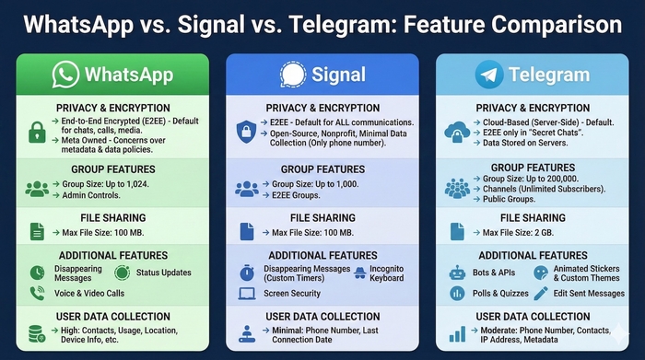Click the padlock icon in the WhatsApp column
click(x=37, y=130)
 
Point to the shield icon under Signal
click(x=246, y=130)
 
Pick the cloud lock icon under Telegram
click(x=457, y=130)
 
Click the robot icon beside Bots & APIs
click(x=456, y=273)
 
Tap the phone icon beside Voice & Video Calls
click(x=37, y=294)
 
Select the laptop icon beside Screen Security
click(x=246, y=294)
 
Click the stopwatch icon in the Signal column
click(x=246, y=273)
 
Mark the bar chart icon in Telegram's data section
click(x=456, y=335)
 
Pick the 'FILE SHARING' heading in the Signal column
click(x=322, y=217)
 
